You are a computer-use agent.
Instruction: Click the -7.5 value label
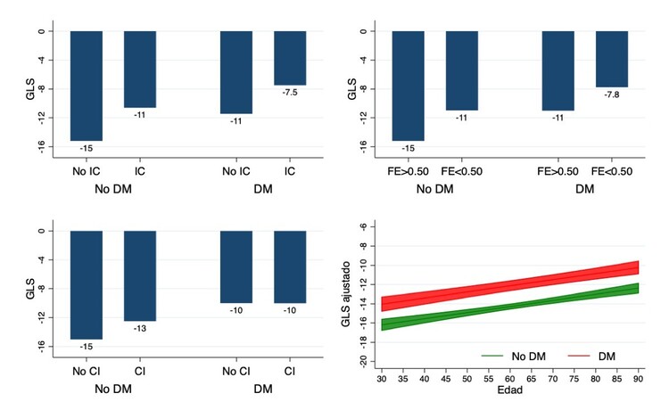click(x=290, y=94)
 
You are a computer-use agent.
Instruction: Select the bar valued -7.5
click(x=290, y=58)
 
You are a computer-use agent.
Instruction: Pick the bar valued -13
click(x=140, y=275)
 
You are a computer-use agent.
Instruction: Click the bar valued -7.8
click(x=612, y=59)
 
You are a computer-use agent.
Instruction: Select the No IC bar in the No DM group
click(x=87, y=86)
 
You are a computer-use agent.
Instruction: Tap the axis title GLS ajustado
click(x=350, y=294)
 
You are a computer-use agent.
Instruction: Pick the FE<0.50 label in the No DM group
click(x=462, y=170)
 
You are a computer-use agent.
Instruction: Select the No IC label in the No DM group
click(x=87, y=170)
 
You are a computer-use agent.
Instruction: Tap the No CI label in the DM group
click(x=236, y=370)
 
